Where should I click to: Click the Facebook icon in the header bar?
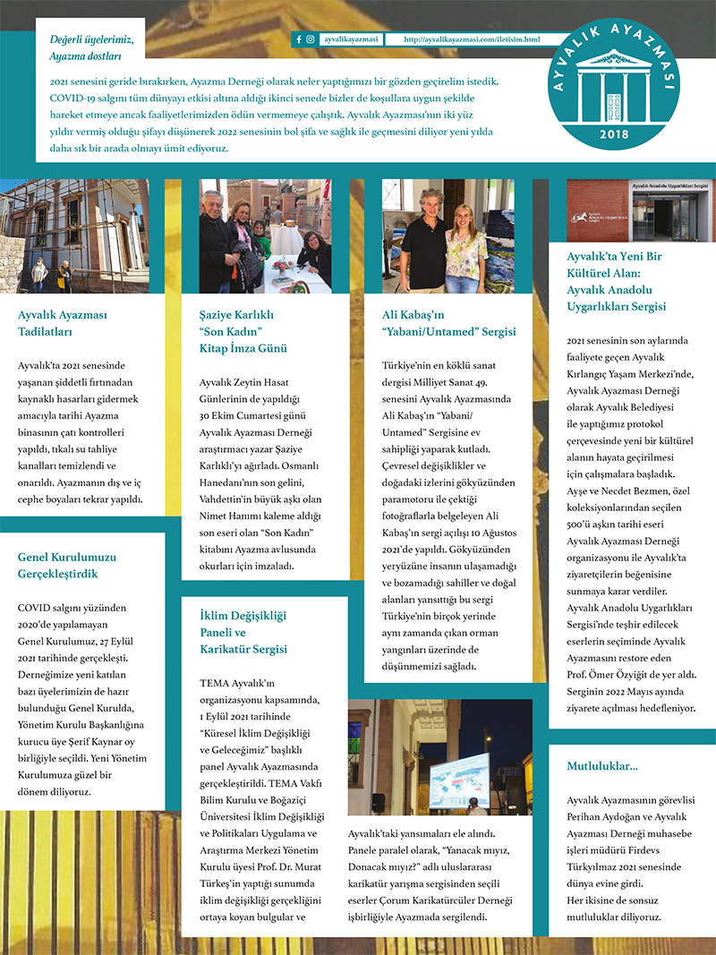(299, 39)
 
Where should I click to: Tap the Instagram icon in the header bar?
(310, 39)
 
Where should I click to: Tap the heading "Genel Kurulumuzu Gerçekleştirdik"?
(67, 565)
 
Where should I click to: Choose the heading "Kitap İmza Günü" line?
(243, 348)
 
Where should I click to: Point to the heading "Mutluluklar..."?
(602, 766)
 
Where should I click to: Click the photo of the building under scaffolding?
(74, 235)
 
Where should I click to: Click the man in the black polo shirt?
(423, 246)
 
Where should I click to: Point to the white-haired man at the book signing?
(215, 237)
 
